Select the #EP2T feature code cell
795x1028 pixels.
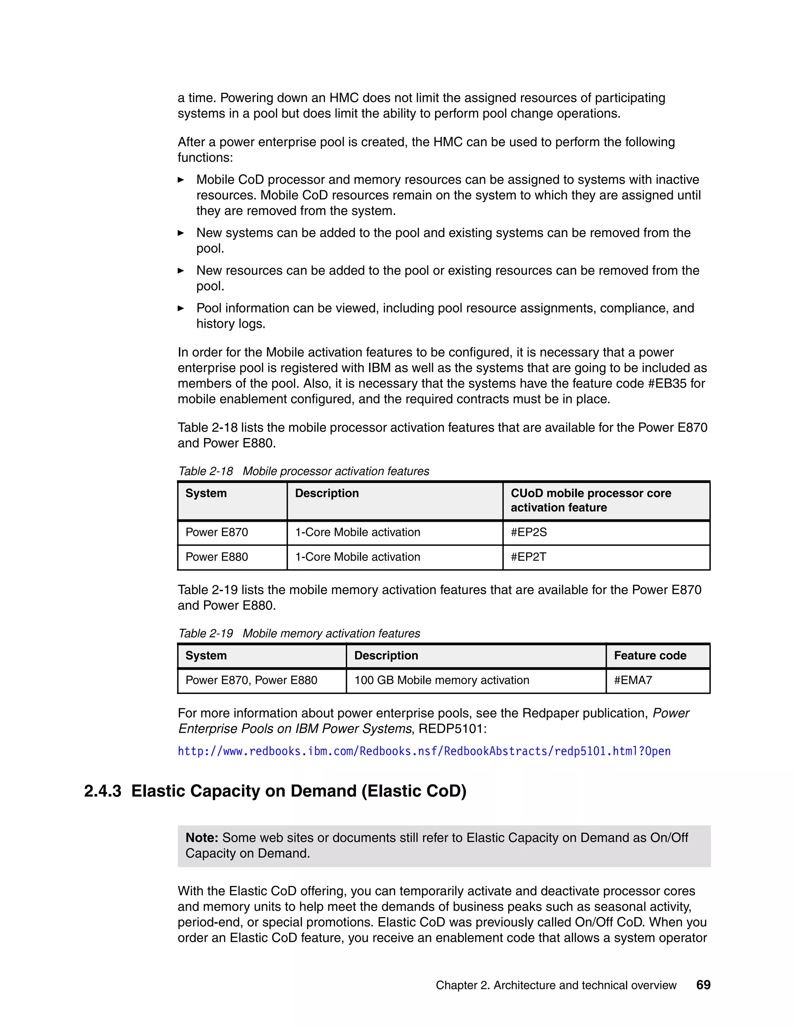[x=528, y=557]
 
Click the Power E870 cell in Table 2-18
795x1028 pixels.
[x=217, y=532]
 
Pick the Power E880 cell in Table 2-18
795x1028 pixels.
[x=217, y=557]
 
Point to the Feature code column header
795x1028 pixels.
[x=650, y=656]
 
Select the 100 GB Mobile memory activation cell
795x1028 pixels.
[x=441, y=680]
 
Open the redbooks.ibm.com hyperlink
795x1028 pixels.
[x=424, y=751]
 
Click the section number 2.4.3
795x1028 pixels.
[x=102, y=791]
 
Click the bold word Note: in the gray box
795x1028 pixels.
[x=201, y=838]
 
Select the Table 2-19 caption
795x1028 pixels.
[x=299, y=633]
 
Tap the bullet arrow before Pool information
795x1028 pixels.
[x=181, y=308]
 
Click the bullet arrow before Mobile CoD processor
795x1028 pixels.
[x=181, y=180]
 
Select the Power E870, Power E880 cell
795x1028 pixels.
[x=251, y=680]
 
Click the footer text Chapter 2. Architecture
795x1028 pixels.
[x=556, y=985]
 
